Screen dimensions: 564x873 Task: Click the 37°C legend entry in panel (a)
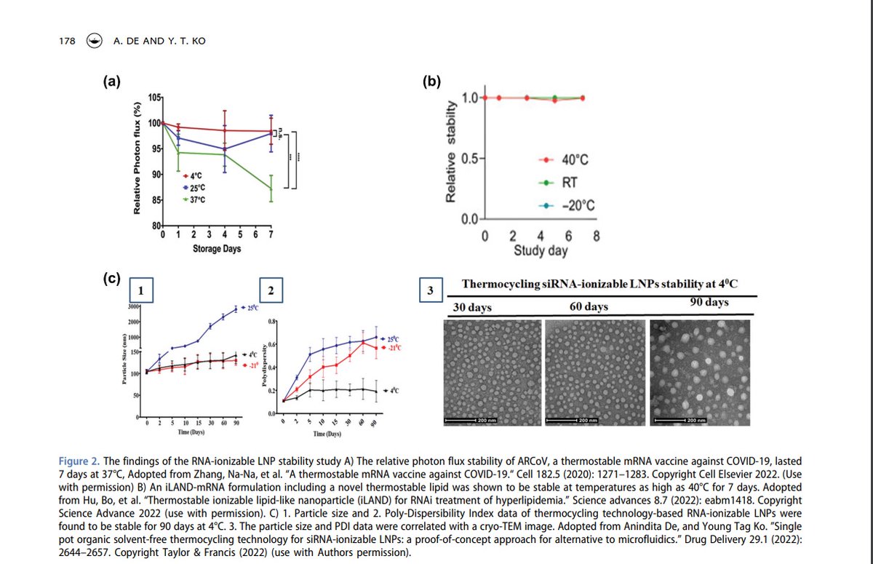point(194,199)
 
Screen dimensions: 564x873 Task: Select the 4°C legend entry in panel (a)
point(192,175)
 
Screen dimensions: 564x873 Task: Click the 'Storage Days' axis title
point(217,249)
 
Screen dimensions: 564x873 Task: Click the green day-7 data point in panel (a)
point(271,188)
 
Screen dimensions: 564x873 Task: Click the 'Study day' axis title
point(541,251)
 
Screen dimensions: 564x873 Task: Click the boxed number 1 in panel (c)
point(141,290)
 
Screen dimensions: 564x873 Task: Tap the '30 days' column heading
point(472,307)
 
